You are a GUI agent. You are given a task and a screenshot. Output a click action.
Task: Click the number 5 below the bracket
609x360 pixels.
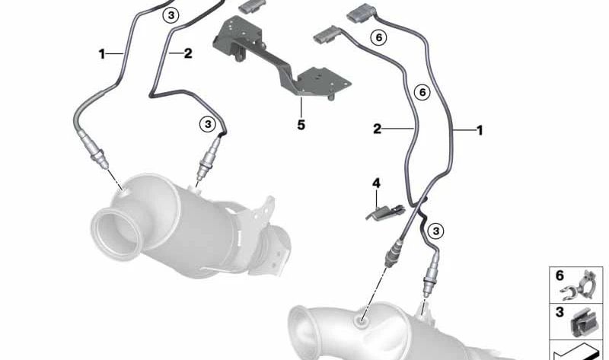click(301, 123)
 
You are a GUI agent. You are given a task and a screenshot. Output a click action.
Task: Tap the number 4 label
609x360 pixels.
click(375, 183)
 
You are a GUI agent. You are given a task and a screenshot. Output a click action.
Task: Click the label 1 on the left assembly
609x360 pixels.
click(101, 54)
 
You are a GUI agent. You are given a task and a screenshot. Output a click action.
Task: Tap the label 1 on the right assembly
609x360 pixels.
click(480, 131)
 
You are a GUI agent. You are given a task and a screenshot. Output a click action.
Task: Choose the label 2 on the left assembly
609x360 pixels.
click(185, 53)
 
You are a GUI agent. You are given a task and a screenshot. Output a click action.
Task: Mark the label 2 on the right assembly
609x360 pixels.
click(377, 129)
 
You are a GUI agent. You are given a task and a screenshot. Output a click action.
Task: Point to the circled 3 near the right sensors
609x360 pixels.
click(436, 230)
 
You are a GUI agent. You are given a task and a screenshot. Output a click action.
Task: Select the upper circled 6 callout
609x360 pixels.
click(376, 36)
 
